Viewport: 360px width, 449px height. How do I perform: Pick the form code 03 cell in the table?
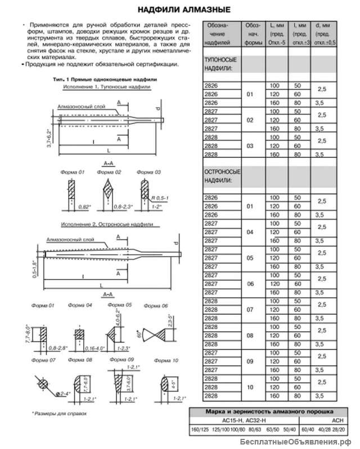250,145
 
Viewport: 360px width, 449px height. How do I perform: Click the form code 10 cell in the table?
250,388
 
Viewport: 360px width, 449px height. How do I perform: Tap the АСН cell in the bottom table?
322,420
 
